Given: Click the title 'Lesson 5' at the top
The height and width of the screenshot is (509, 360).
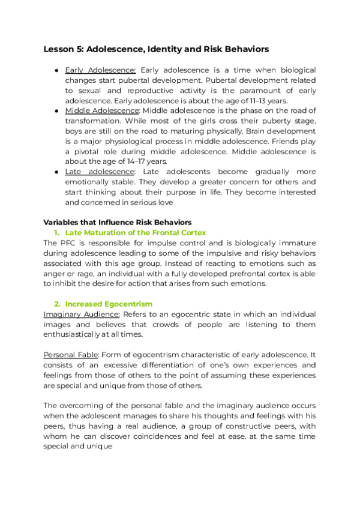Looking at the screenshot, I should [x=64, y=49].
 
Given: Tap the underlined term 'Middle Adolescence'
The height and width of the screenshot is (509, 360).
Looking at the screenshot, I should [x=102, y=111].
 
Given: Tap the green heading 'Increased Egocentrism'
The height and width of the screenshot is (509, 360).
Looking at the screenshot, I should [x=109, y=304].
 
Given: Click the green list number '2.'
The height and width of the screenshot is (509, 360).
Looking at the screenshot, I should [x=58, y=304].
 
